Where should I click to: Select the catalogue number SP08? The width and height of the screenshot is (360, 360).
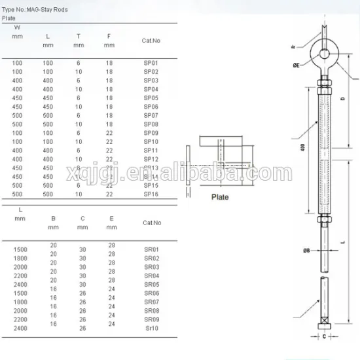pos(151,123)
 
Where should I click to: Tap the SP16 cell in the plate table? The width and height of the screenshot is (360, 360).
pos(151,194)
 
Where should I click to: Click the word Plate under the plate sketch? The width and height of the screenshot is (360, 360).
pos(219,196)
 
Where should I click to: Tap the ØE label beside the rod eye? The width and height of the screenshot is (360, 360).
pos(297,67)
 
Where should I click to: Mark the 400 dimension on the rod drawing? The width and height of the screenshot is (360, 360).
pos(302,149)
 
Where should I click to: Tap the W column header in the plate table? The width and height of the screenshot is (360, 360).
pos(17,27)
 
